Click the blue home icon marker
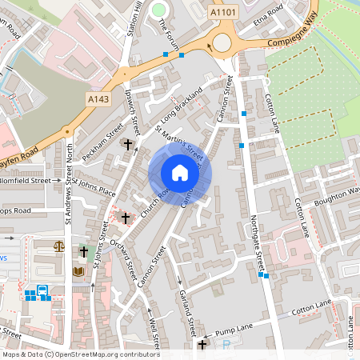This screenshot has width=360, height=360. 180,173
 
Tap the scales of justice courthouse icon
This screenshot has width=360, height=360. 58,246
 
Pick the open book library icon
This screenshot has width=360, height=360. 78,271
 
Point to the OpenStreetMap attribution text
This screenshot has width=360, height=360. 80,354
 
